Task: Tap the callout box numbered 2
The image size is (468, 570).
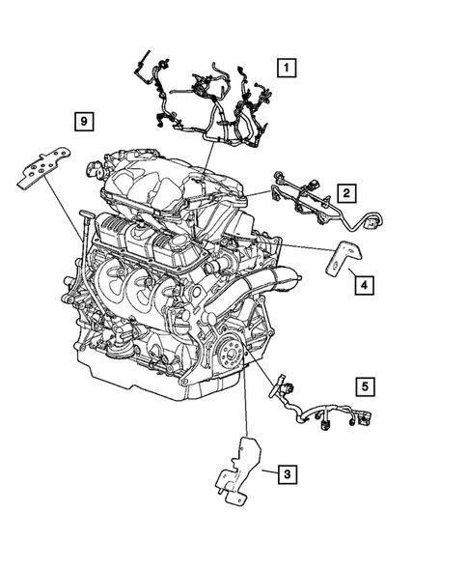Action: coord(344,192)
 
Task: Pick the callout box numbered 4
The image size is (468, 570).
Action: coord(362,285)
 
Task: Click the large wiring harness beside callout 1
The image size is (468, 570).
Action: coord(207,101)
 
